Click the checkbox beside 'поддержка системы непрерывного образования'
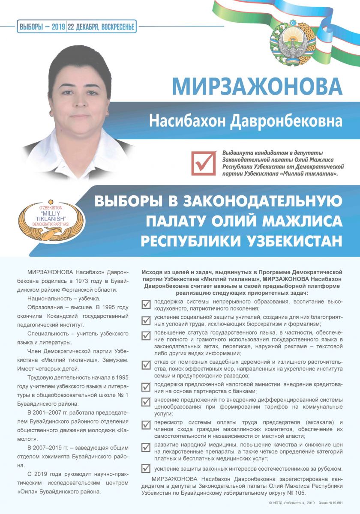tap(146, 304)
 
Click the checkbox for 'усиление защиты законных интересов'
tap(146, 468)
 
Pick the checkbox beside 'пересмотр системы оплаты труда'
tap(146, 425)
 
